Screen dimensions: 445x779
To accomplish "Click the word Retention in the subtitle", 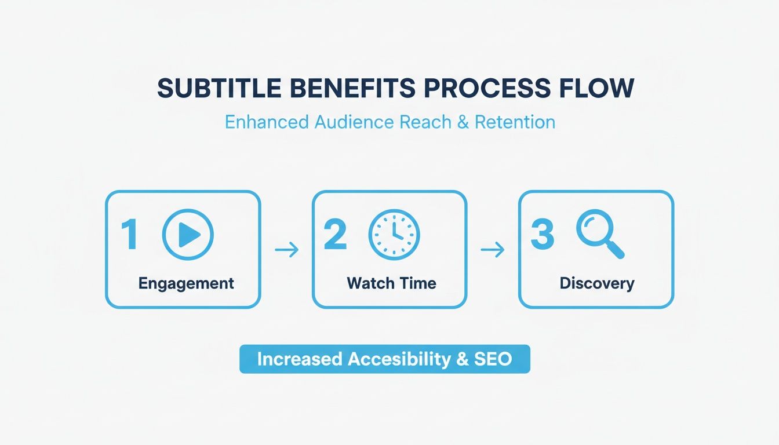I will pyautogui.click(x=515, y=122).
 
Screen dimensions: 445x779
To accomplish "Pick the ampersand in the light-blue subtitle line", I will pyautogui.click(x=463, y=122).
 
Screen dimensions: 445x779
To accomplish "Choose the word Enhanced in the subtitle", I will pyautogui.click(x=266, y=122).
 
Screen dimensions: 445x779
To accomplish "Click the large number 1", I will pyautogui.click(x=129, y=235).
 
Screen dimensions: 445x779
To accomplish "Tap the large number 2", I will pyautogui.click(x=335, y=235).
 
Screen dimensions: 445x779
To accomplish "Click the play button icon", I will pyautogui.click(x=188, y=235).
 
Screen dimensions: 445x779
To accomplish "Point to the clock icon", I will pyautogui.click(x=394, y=235).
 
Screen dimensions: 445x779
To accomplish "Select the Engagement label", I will pyautogui.click(x=186, y=283).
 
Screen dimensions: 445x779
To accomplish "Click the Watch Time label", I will pyautogui.click(x=391, y=283).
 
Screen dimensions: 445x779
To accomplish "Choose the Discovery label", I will pyautogui.click(x=597, y=284).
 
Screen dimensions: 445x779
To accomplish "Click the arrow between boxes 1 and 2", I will pyautogui.click(x=286, y=250).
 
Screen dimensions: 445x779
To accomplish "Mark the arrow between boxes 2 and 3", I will pyautogui.click(x=493, y=250).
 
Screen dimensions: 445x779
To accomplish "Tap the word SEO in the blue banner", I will pyautogui.click(x=493, y=359).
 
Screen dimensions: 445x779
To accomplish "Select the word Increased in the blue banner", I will pyautogui.click(x=299, y=359).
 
